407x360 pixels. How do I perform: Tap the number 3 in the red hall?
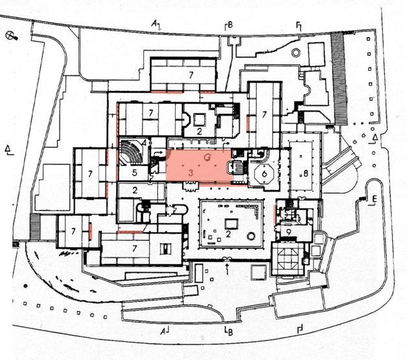[x=191, y=174]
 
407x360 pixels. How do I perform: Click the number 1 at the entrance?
[x=227, y=271]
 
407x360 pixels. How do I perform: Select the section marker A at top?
[x=155, y=23]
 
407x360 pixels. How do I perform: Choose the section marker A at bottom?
[x=163, y=331]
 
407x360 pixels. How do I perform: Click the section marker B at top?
[x=228, y=25]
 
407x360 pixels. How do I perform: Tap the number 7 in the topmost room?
[x=191, y=75]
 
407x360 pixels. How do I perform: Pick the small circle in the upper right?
[x=296, y=52]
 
